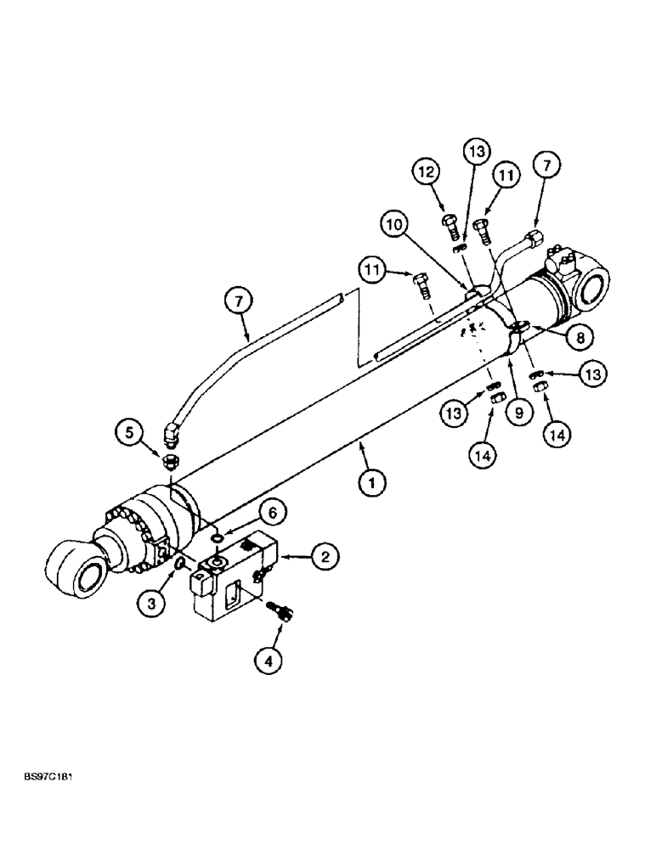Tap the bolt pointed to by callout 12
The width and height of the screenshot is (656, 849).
click(450, 228)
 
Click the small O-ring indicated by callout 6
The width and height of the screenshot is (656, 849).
click(218, 537)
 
